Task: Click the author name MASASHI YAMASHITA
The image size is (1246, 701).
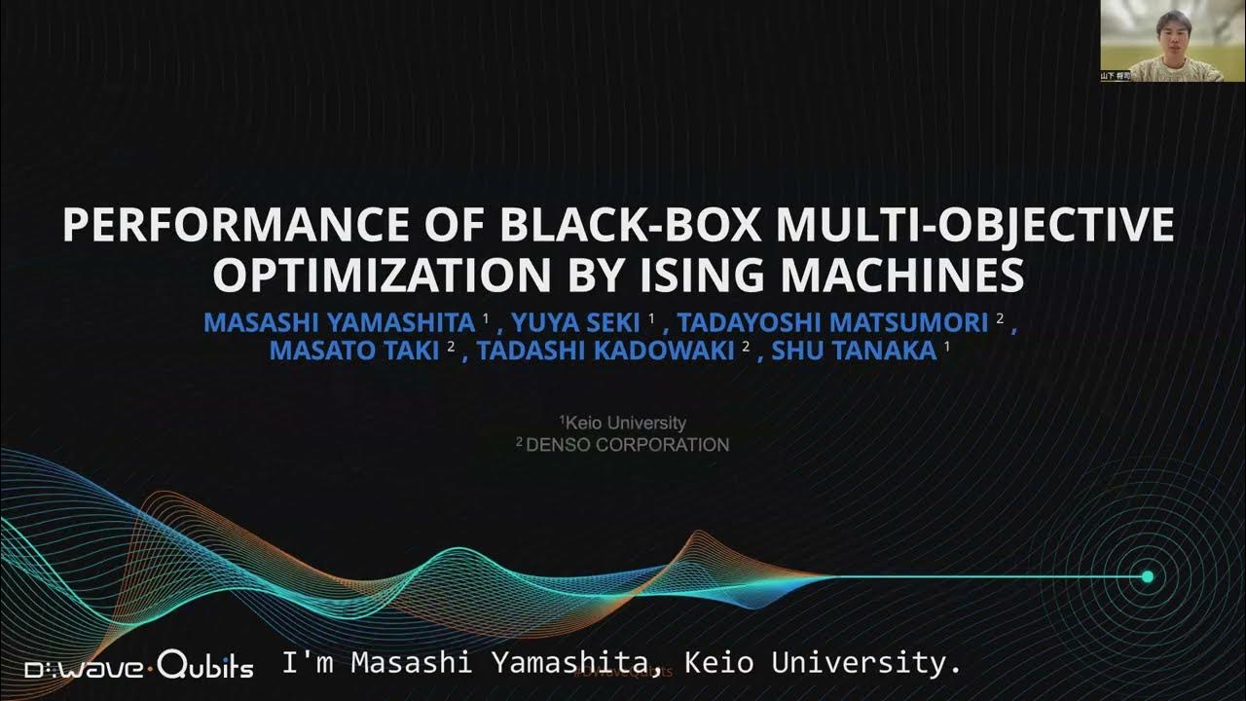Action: tap(339, 321)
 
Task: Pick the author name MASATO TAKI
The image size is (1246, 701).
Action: tap(354, 350)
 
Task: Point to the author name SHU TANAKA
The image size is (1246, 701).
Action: tap(854, 350)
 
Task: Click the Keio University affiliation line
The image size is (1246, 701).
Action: tap(623, 423)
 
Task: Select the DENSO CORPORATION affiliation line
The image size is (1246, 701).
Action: tap(623, 445)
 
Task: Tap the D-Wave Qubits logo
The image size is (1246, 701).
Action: tap(139, 668)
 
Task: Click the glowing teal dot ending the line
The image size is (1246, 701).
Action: tap(1148, 577)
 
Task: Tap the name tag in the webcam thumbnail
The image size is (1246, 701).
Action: tap(1116, 75)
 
